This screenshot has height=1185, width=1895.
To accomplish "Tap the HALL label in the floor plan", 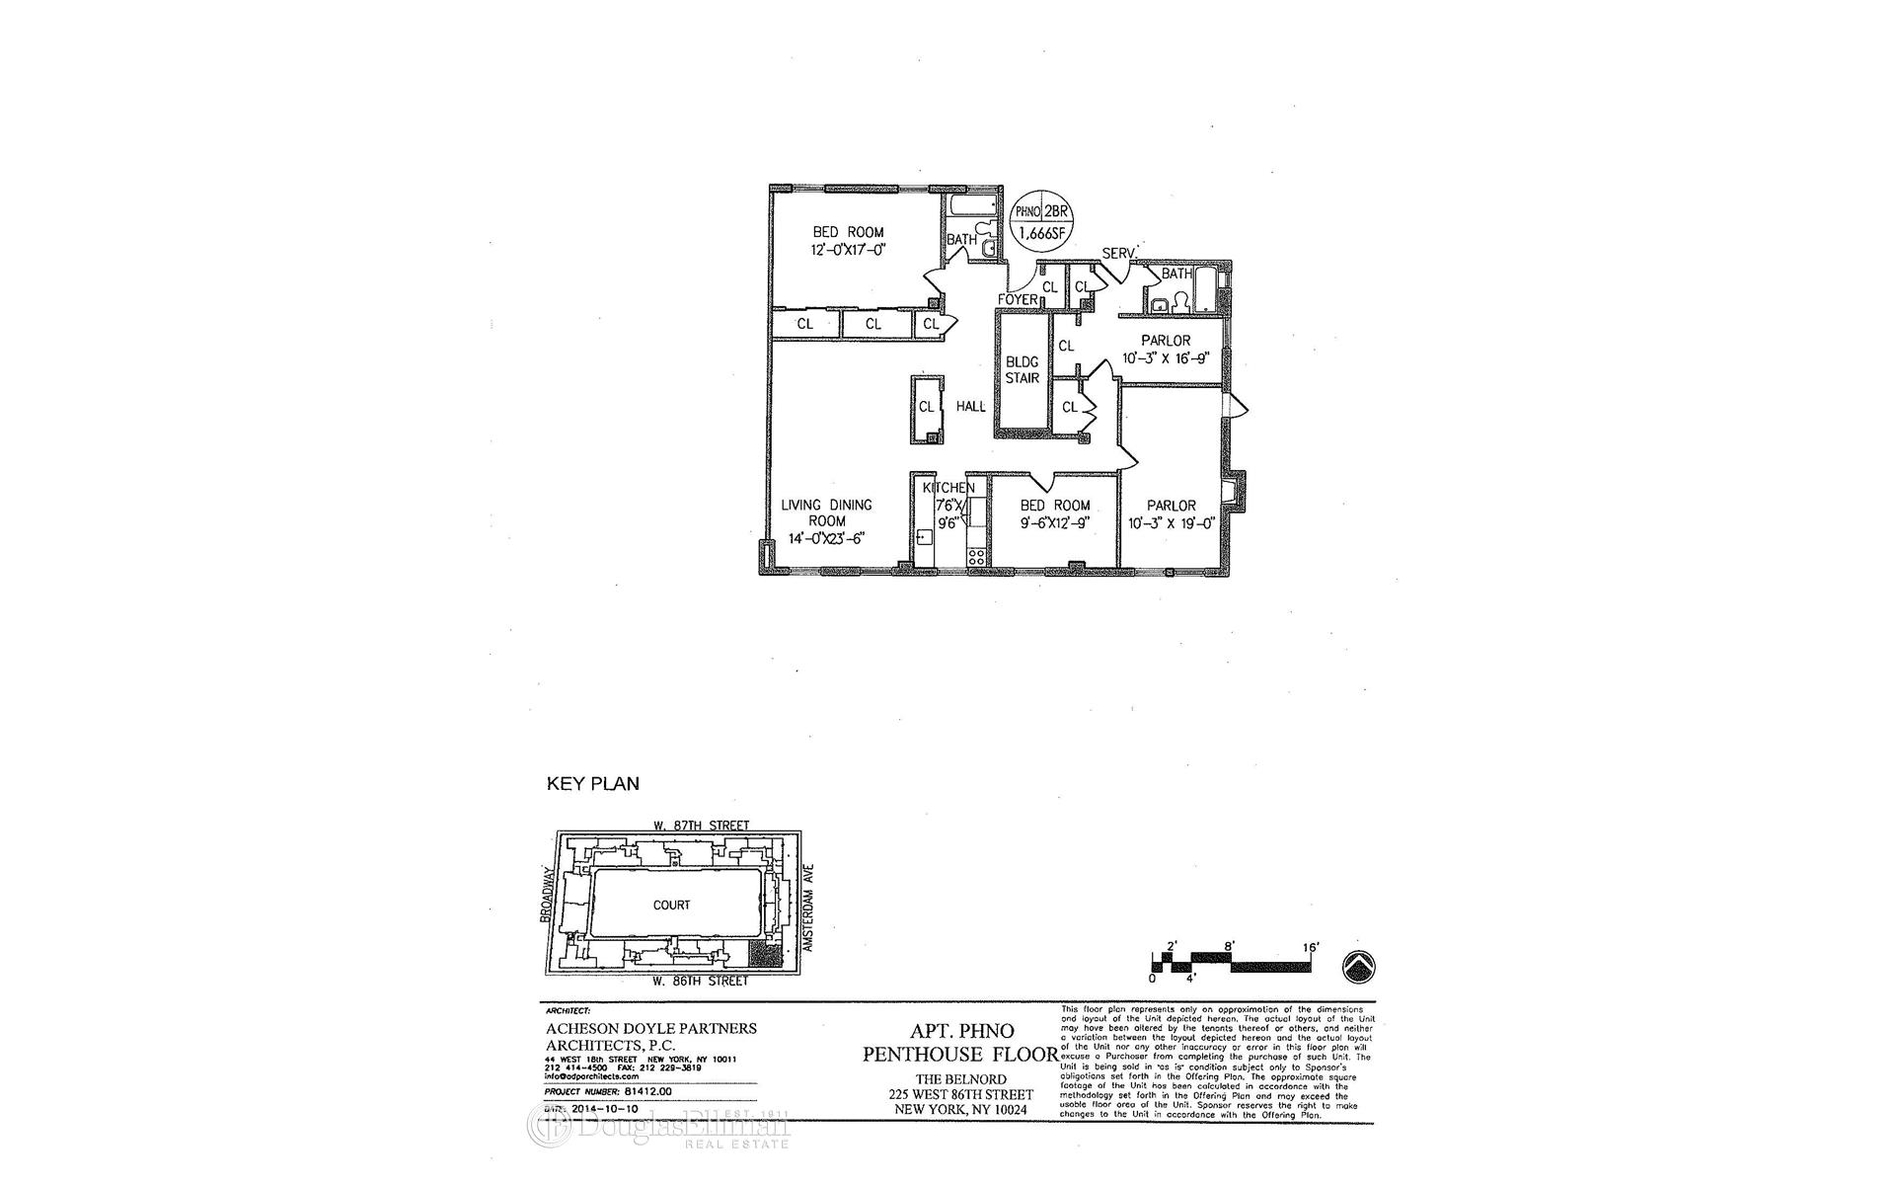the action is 970,406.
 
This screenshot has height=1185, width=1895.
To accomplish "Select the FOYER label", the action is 1018,299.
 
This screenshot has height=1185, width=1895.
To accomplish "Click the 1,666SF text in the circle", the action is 1043,235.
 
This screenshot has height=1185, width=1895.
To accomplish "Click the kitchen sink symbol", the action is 925,538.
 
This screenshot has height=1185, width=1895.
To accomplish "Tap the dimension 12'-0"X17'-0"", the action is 848,251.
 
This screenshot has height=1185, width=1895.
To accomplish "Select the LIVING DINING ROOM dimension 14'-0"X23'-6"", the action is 826,538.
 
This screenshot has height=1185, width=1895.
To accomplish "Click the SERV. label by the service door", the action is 1120,252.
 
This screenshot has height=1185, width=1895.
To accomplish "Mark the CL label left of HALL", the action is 926,406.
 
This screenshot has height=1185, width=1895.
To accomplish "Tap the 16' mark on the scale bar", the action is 1311,946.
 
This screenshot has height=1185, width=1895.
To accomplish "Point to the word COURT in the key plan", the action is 671,905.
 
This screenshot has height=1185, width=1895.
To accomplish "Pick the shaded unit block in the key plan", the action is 763,955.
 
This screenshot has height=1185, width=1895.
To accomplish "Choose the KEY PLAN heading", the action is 592,784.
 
